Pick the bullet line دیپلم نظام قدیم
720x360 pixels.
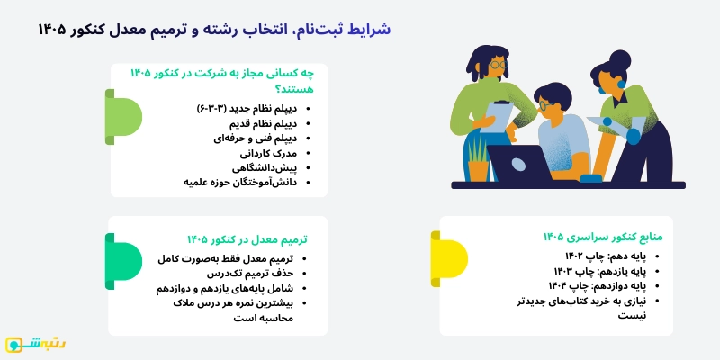point(260,122)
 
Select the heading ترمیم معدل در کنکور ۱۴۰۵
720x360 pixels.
point(247,238)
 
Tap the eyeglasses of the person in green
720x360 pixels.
point(497,66)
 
